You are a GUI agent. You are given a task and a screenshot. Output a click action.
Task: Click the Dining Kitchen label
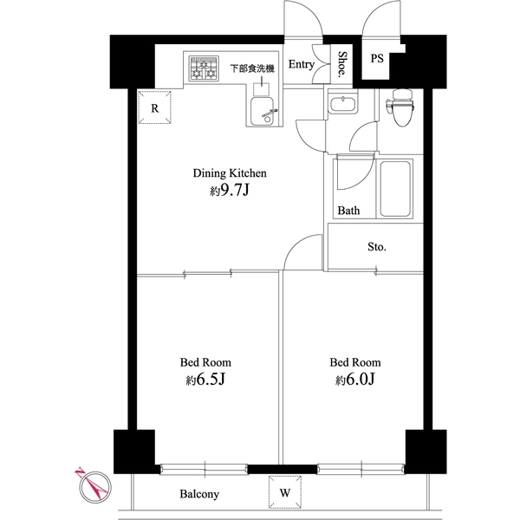point(229,173)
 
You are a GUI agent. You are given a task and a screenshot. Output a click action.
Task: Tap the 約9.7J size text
point(229,191)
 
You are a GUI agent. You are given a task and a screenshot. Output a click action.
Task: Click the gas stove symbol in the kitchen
point(204,69)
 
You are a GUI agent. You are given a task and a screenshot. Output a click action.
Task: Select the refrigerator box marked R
point(154,109)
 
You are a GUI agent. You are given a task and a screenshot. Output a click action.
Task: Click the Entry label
point(301,64)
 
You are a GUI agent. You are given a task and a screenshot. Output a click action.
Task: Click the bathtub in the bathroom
point(395,188)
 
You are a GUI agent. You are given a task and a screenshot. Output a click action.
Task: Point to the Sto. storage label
point(376,247)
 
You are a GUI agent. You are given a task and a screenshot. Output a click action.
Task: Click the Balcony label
point(199,495)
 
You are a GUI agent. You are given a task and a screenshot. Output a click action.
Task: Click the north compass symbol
point(93,484)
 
